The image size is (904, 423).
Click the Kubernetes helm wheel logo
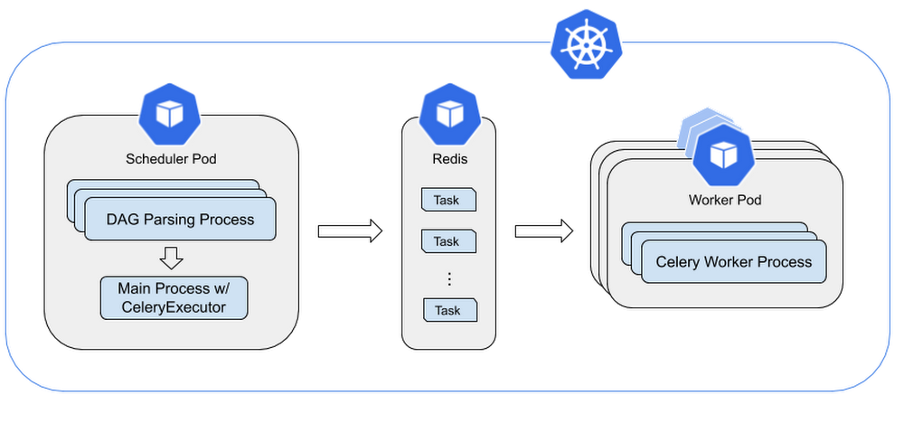[587, 43]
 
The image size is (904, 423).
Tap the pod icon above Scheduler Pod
[170, 114]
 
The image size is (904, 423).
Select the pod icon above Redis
[449, 114]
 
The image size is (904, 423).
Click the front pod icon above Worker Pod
[723, 155]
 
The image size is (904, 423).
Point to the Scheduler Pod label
[171, 159]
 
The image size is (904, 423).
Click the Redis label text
[449, 159]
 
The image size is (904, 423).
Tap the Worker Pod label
[725, 200]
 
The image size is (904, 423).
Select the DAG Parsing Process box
[180, 219]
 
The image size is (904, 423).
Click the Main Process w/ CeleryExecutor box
[174, 298]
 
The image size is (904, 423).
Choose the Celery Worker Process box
[734, 262]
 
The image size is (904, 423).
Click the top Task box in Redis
[449, 200]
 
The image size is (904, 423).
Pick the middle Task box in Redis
[449, 241]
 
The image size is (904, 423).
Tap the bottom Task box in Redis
[450, 310]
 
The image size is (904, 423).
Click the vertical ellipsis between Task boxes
[449, 279]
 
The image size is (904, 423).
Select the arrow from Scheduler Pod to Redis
[350, 231]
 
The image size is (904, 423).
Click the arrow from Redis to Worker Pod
[543, 231]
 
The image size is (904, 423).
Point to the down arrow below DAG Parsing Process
[171, 258]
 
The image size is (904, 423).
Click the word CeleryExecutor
[174, 307]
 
